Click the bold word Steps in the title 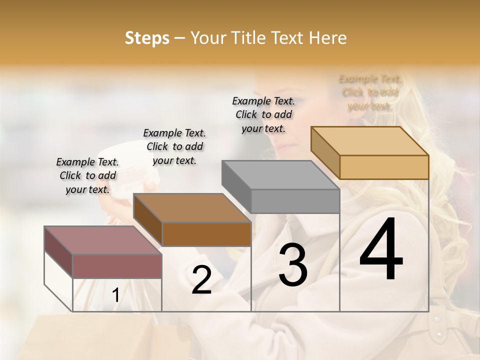click(x=147, y=38)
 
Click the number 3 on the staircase click(x=293, y=264)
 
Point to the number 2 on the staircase click(x=201, y=280)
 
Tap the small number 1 click(x=115, y=295)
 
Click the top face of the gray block click(x=280, y=175)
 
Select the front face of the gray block click(x=295, y=201)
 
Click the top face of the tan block click(x=370, y=141)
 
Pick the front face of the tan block click(x=384, y=167)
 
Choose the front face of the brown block click(x=206, y=234)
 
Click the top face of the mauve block click(x=102, y=240)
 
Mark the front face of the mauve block click(x=117, y=266)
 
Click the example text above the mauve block click(x=87, y=175)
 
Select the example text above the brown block click(x=174, y=146)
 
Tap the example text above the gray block click(x=263, y=114)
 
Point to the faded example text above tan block click(x=370, y=92)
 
